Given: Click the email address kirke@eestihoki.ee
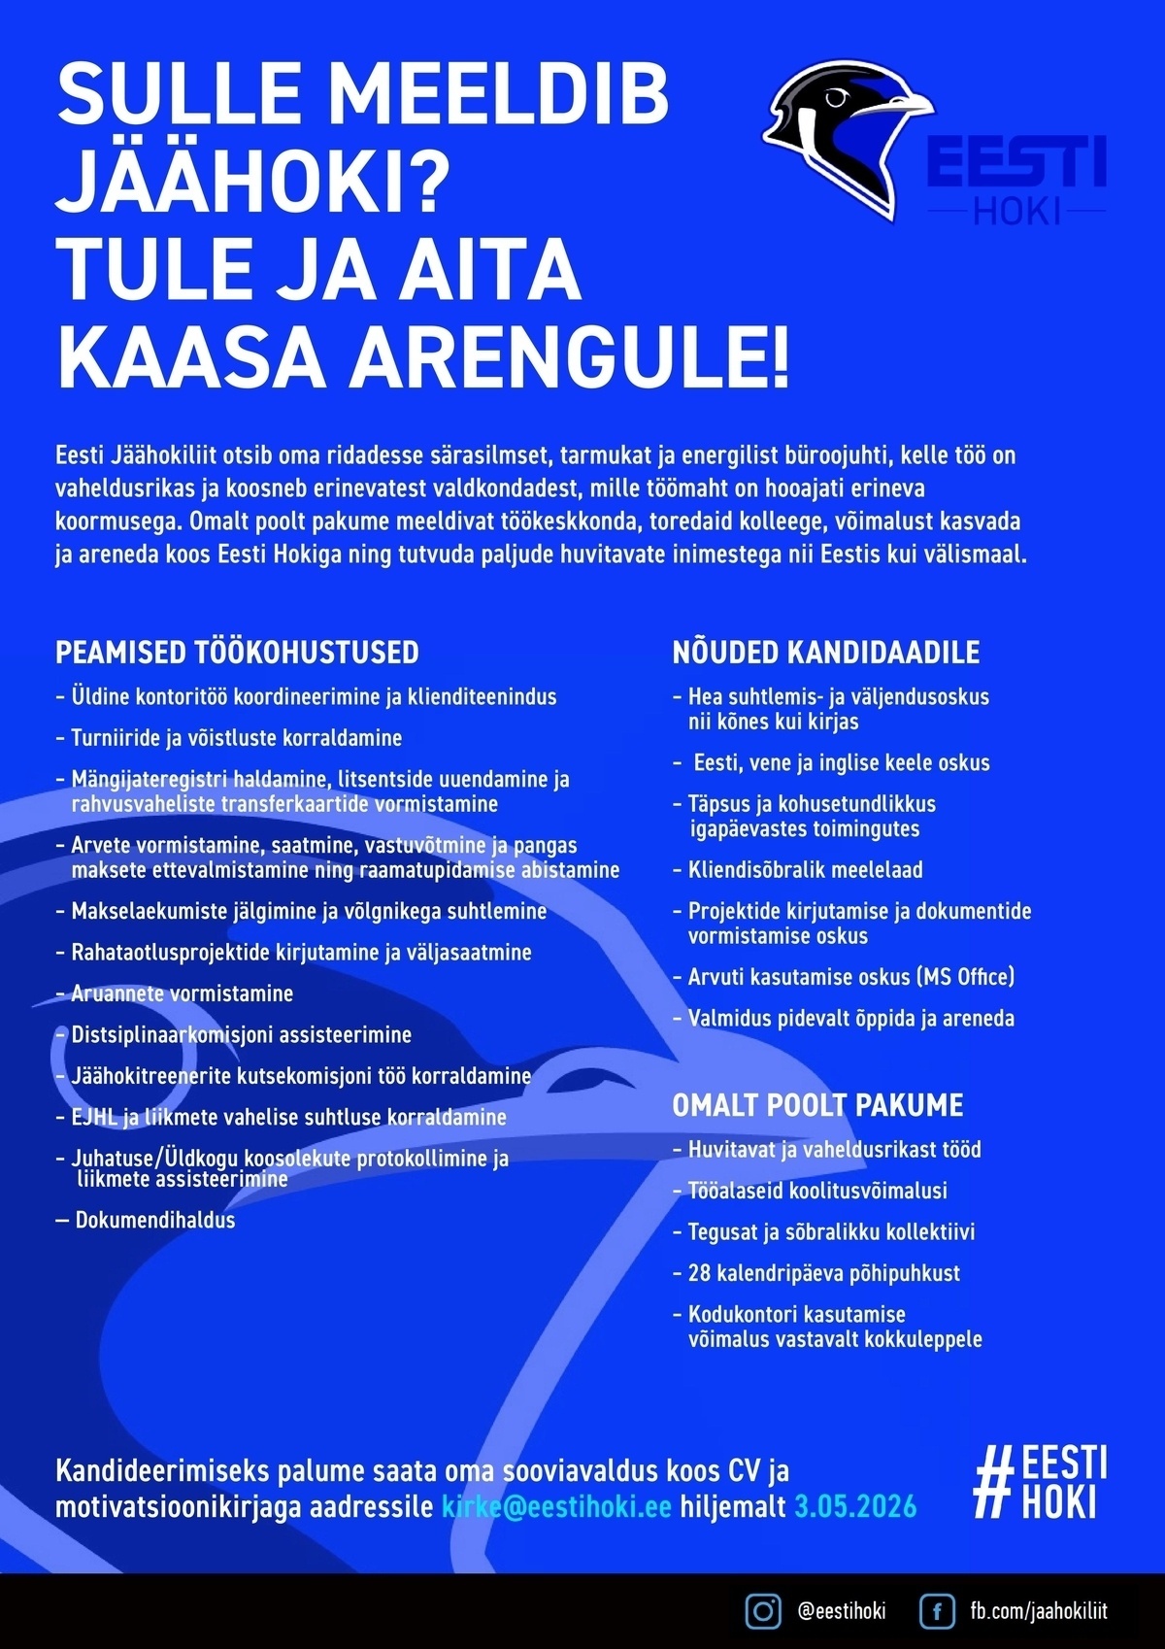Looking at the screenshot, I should coord(556,1507).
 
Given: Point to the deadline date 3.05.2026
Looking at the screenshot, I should coord(855,1507).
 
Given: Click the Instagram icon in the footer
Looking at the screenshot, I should coord(763,1611).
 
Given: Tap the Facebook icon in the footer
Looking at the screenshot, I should coord(937,1611).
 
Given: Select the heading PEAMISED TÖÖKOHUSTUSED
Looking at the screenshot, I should coord(237,652).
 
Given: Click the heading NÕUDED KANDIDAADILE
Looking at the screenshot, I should coord(826,652).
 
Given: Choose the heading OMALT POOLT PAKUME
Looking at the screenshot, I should coord(817,1105).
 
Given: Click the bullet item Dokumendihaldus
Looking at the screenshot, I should coord(155,1220).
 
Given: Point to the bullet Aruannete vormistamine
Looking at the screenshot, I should coord(182,993).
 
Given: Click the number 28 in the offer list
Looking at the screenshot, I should coord(699,1273).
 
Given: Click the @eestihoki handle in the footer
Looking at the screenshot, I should coord(841,1611).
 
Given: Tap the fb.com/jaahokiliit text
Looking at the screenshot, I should coord(1039,1611).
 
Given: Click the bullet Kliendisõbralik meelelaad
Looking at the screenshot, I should coord(805,870).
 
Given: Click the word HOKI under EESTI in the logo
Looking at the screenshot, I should coord(1016,211).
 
